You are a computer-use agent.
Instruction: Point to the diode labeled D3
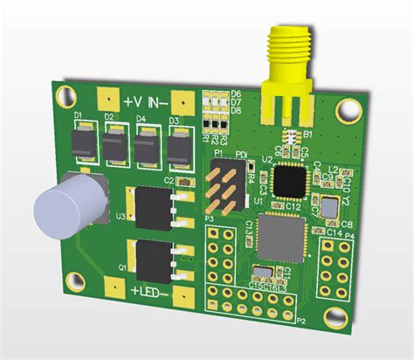[179, 146]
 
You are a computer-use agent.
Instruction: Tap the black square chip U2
[289, 181]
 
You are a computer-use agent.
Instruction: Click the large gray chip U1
[281, 238]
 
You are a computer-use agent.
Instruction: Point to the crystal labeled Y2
[328, 208]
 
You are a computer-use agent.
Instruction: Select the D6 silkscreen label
[236, 93]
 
